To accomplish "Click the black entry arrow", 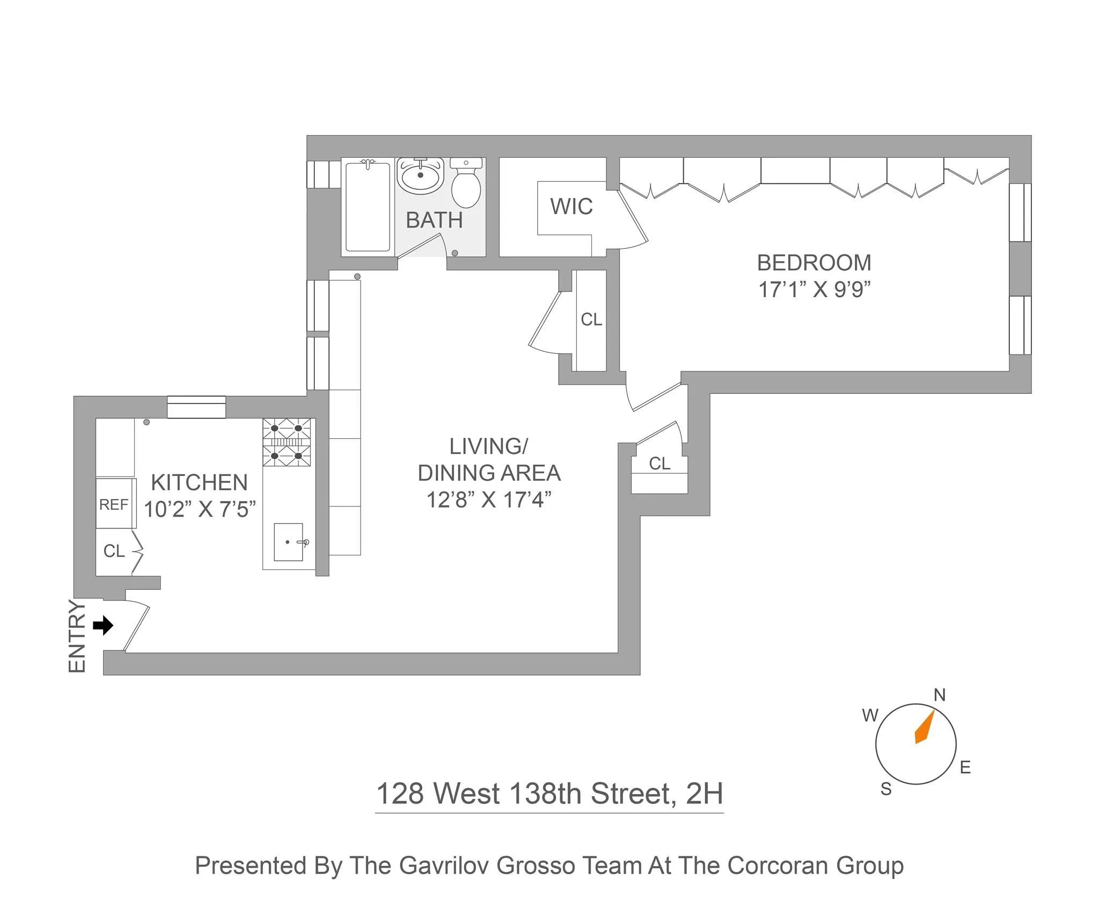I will (103, 625).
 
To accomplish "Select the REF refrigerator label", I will (114, 504).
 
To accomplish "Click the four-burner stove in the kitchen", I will (287, 443).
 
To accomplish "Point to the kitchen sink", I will (289, 542).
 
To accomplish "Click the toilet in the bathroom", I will (465, 185).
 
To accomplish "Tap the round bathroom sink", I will (420, 175).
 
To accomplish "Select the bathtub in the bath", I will (368, 207).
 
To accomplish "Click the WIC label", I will (572, 207).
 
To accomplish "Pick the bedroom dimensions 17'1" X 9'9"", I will (814, 290).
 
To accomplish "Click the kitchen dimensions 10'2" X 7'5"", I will (200, 509).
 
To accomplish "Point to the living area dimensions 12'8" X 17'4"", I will (489, 500).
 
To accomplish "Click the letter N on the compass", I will (939, 695).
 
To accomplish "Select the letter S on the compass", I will (886, 789).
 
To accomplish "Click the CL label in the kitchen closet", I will (114, 551).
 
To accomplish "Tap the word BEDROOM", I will (814, 263).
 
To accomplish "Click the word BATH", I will (434, 220).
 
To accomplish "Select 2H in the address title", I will (705, 794).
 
